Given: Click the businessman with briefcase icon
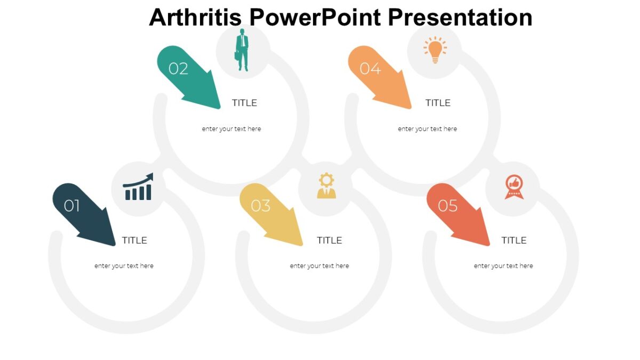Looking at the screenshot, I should coord(243,50).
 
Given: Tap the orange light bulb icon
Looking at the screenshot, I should coord(435,50).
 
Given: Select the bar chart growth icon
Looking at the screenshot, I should coord(138,187).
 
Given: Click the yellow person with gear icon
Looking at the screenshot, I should coord(326,186).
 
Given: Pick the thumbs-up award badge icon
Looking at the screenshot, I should coord(514,187).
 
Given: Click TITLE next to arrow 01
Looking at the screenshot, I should coord(134,241).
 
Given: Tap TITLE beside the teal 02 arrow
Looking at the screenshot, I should coord(244,103).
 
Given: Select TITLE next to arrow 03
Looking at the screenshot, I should coord(329,241).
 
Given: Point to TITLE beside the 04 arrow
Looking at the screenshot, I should coord(438,103).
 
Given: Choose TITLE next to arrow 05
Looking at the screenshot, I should coord(514,241).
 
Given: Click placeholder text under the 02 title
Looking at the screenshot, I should coord(231,129).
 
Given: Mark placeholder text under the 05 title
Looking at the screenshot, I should coord(503,266).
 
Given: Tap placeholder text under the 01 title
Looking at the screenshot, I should coord(124,266).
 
